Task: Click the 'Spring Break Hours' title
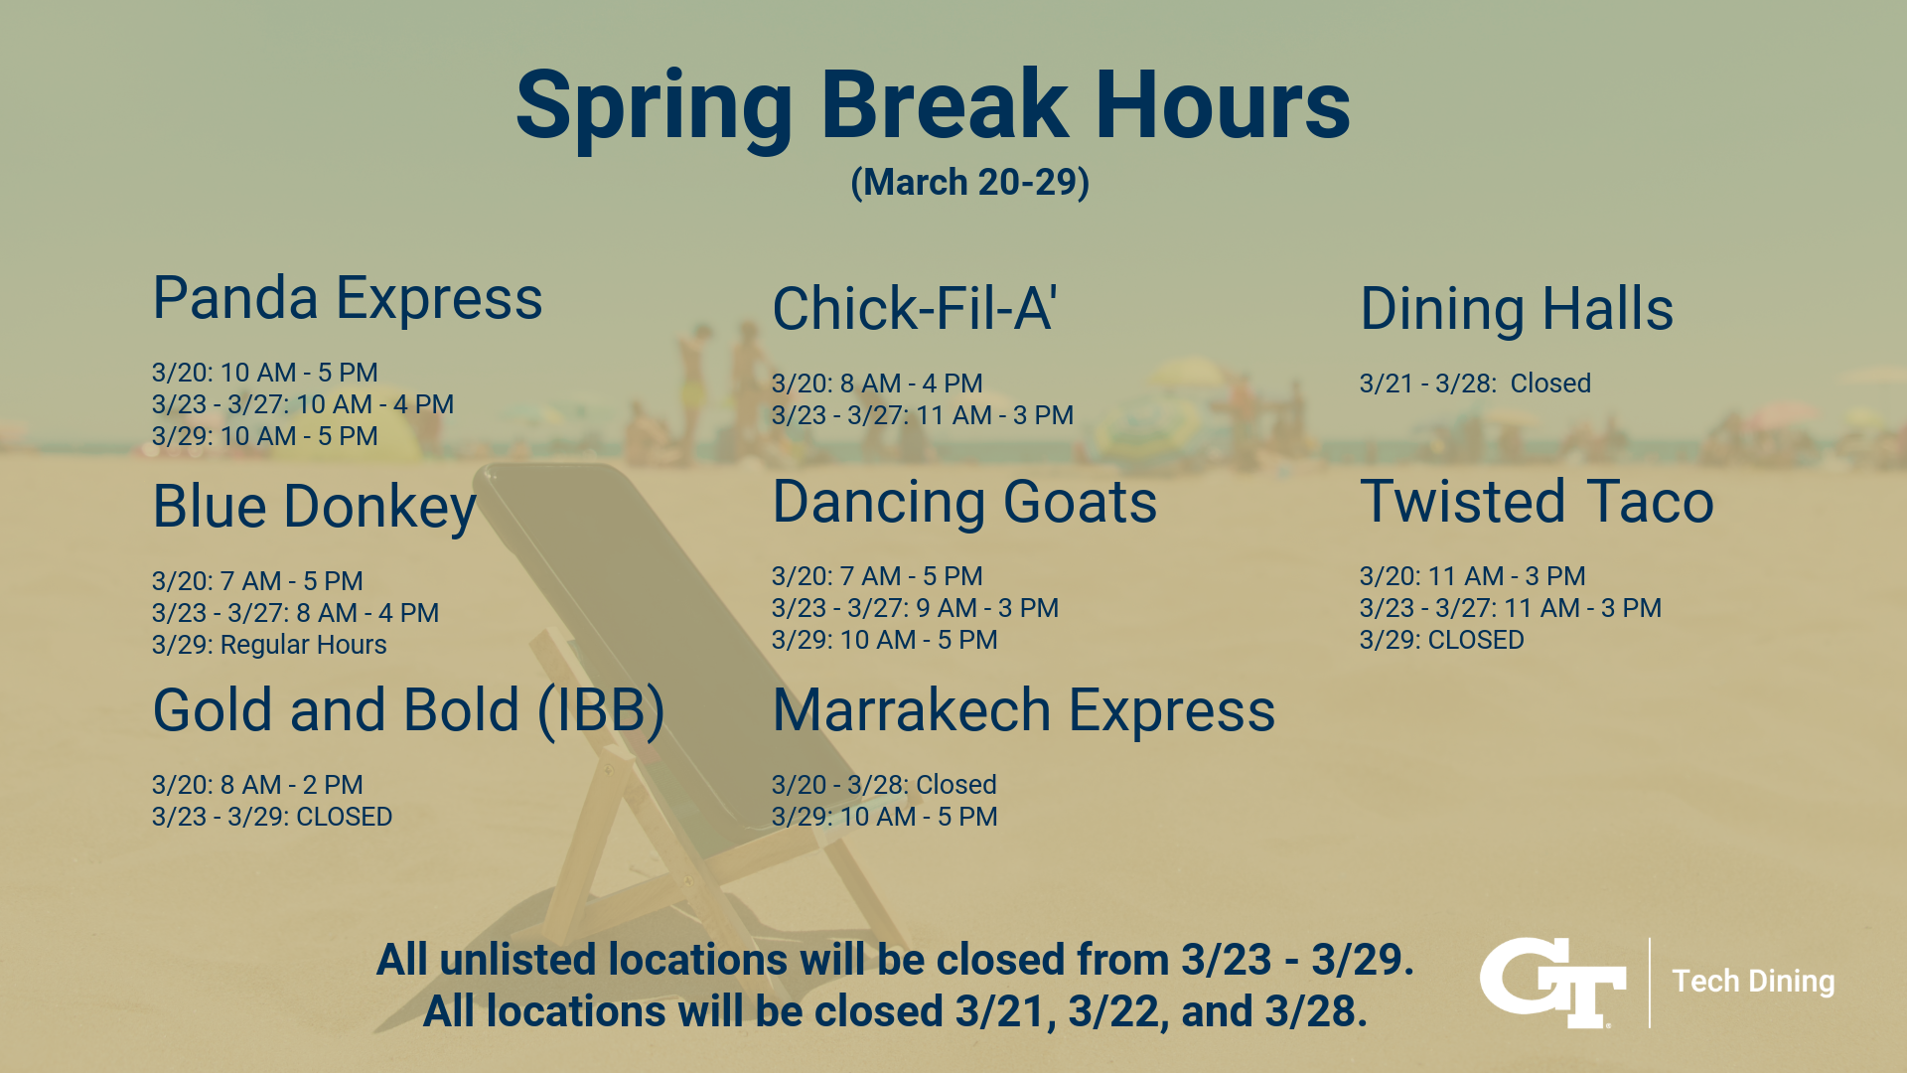tap(933, 105)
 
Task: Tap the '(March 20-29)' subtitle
tap(969, 183)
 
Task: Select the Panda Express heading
tap(348, 298)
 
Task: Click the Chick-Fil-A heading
tap(914, 308)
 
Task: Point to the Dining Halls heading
tap(1516, 309)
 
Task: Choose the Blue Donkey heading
tap(314, 507)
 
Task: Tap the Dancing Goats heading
tap(964, 502)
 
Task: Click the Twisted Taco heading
tap(1537, 502)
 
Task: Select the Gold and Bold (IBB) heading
tap(408, 710)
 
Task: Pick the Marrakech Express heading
tap(1023, 710)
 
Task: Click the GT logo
tap(1552, 982)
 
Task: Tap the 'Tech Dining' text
tap(1753, 982)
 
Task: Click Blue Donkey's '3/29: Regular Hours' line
tap(269, 645)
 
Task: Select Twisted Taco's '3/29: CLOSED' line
tap(1441, 640)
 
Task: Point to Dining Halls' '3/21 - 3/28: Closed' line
tap(1475, 383)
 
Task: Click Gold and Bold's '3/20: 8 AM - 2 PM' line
tap(257, 785)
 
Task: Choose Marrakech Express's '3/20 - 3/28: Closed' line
tap(884, 785)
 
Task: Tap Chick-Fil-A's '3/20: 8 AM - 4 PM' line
tap(877, 383)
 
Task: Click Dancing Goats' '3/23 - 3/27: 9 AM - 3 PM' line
tap(915, 608)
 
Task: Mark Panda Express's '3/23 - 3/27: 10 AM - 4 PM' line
tap(303, 404)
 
